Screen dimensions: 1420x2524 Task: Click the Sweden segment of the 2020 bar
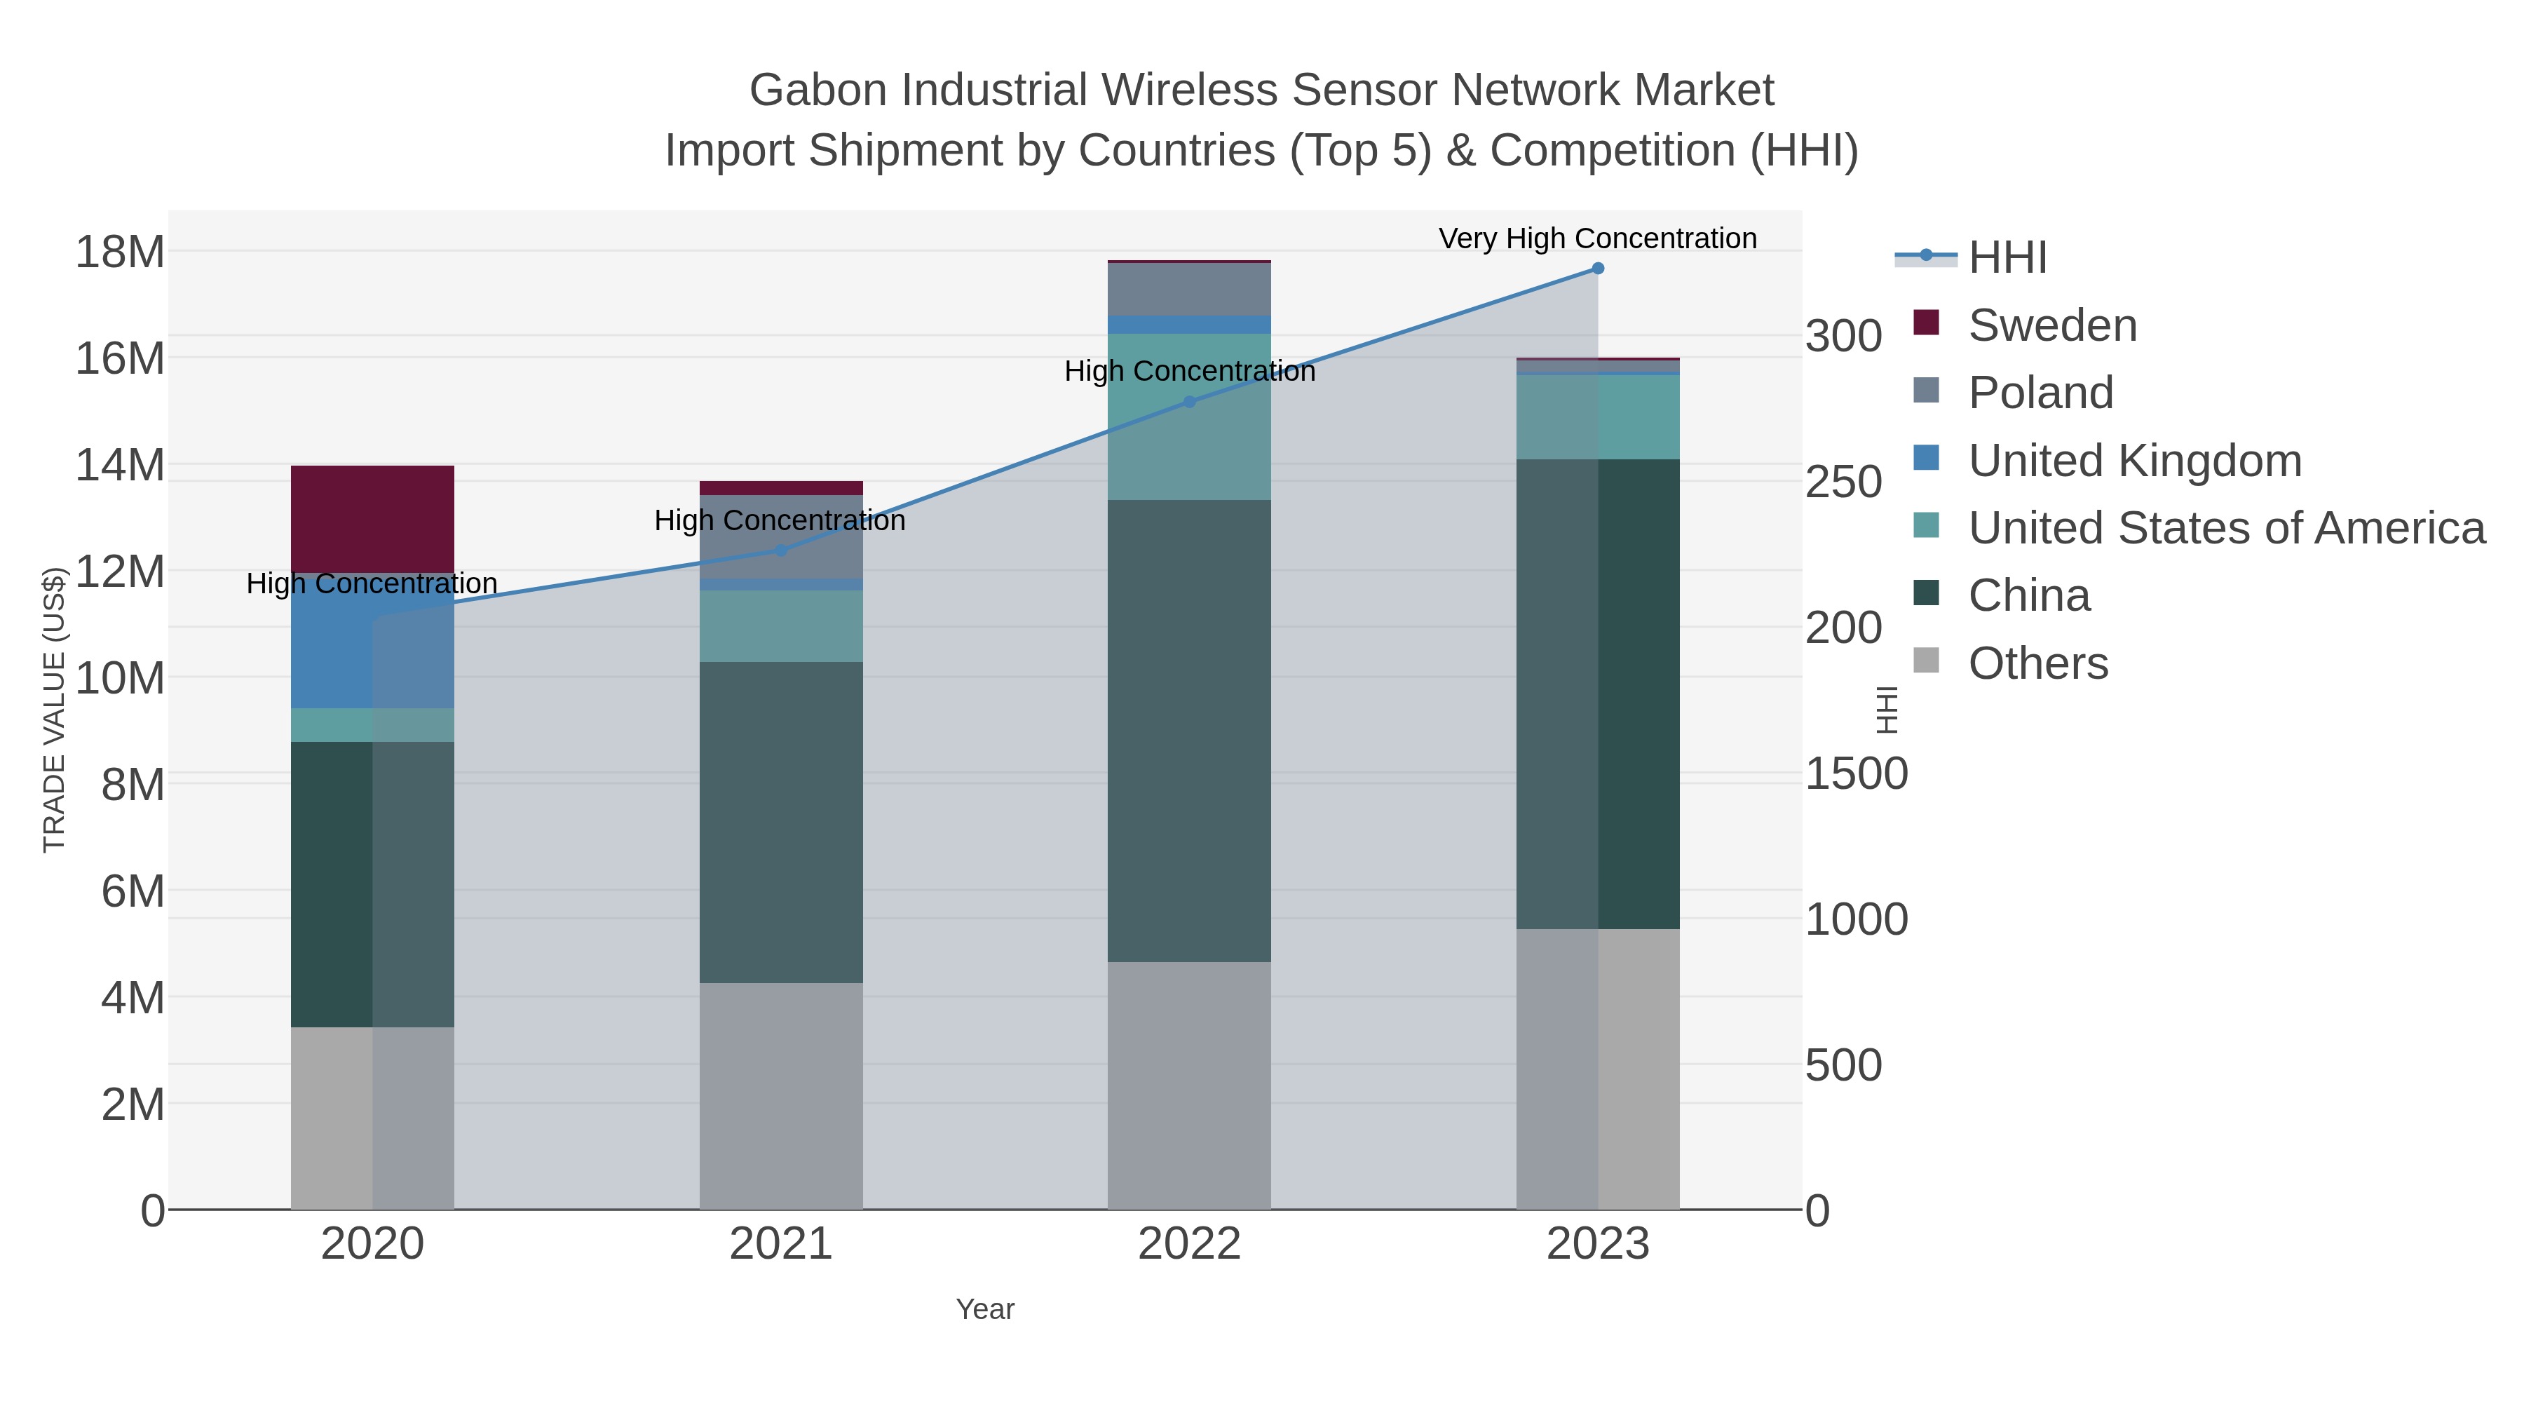coord(372,518)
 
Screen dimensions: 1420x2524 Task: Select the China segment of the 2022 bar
coord(1188,730)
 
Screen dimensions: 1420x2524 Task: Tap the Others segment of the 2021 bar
coord(781,1095)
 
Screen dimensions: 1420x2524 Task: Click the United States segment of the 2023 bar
coord(1598,417)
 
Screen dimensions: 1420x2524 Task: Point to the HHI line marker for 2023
coord(1598,269)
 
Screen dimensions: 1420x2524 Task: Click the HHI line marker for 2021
coord(781,550)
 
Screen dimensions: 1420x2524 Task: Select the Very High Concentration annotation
coord(1597,238)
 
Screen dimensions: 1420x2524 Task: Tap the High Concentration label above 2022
coord(1190,372)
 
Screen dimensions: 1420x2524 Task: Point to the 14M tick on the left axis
coord(119,464)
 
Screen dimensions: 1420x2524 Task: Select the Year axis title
coord(985,1309)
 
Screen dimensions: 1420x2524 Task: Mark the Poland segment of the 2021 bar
coord(781,536)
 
